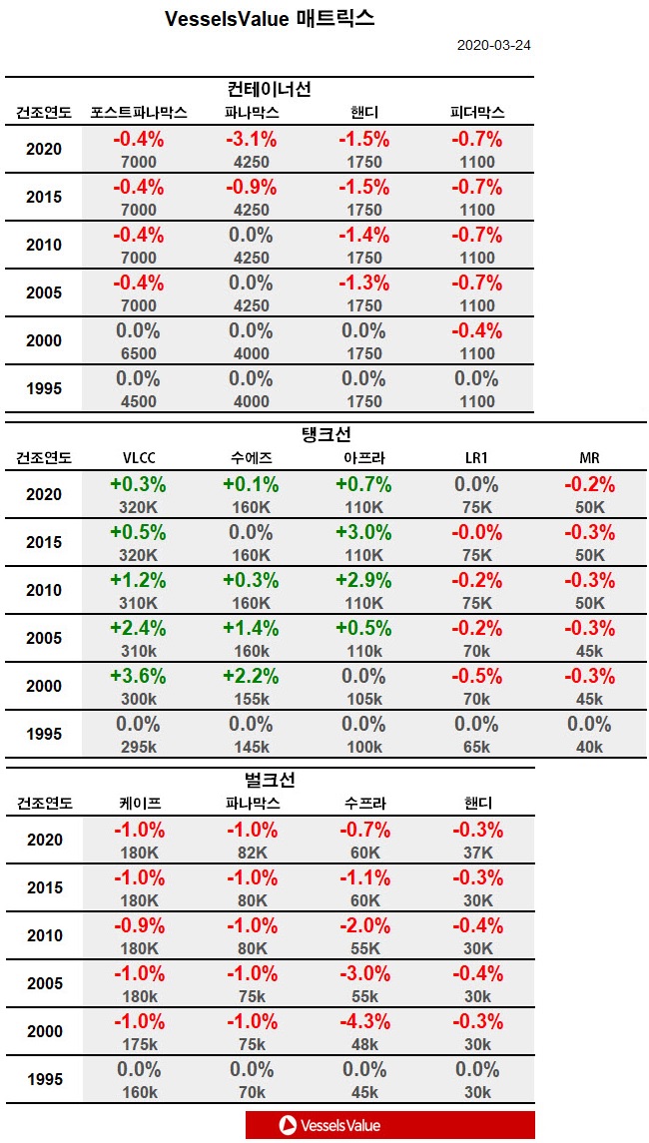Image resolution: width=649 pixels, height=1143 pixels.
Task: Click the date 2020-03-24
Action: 494,46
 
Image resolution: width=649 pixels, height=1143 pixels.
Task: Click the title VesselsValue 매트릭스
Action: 270,19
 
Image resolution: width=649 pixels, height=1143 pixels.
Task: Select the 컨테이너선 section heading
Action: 270,89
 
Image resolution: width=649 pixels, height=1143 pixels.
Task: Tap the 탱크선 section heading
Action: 326,435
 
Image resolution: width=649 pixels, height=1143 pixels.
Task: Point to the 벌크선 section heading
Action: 270,780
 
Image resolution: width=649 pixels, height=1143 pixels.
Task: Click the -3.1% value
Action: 250,140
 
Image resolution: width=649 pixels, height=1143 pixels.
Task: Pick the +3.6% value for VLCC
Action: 138,675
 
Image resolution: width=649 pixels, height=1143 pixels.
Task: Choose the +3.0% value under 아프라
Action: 363,531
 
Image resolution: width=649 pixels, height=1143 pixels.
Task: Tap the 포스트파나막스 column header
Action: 139,113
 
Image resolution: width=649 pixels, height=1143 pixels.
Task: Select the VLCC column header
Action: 138,458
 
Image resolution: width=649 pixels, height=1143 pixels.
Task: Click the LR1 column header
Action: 476,458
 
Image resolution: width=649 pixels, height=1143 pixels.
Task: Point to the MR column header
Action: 589,458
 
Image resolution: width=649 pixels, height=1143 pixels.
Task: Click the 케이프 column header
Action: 139,804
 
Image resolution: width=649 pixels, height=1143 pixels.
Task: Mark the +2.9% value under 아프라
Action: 363,579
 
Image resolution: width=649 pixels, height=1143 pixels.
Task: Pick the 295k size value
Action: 138,747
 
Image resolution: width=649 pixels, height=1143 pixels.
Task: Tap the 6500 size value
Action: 138,353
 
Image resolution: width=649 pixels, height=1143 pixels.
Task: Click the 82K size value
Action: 250,853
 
